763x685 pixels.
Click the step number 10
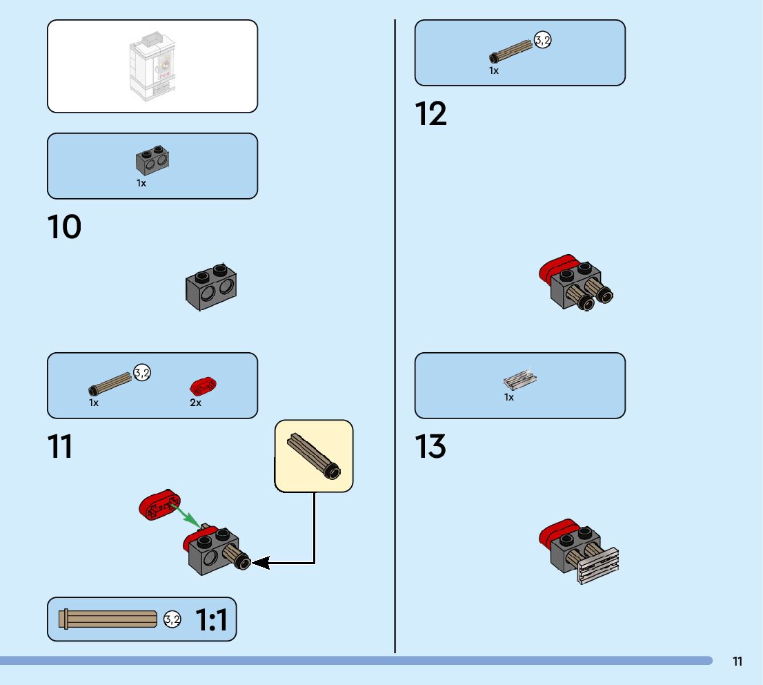[x=64, y=227]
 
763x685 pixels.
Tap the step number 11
[x=60, y=447]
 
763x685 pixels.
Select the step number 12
[x=430, y=114]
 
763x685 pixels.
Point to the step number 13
[x=430, y=447]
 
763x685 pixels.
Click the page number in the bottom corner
[x=737, y=662]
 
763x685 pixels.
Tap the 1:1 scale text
[x=211, y=620]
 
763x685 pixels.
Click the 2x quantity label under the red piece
[x=196, y=403]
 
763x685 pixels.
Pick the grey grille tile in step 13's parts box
[x=520, y=379]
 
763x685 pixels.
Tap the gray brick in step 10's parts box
[x=152, y=160]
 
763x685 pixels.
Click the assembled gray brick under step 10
[x=211, y=287]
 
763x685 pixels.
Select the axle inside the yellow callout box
[x=314, y=456]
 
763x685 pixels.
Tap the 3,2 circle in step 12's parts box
[x=543, y=41]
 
